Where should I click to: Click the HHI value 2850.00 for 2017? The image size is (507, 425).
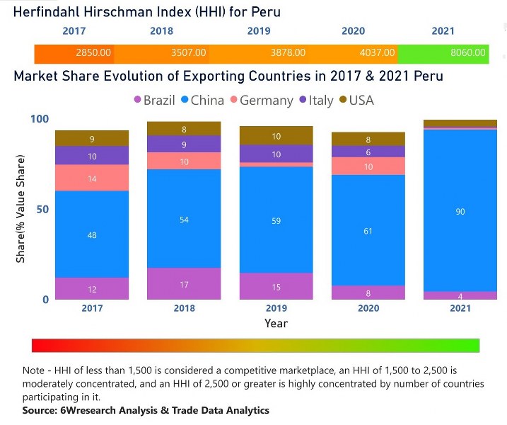[93, 53]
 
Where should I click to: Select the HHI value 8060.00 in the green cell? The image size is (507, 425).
[468, 53]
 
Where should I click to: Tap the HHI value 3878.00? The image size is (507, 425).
[288, 53]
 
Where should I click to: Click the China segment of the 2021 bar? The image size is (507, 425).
[460, 210]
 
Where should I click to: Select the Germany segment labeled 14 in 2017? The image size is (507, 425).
[92, 178]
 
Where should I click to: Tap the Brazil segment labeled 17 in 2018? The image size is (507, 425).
[184, 284]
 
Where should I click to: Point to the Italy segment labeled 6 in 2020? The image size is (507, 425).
[368, 152]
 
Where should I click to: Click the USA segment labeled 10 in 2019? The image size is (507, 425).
[276, 136]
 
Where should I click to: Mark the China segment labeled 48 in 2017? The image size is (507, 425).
[92, 234]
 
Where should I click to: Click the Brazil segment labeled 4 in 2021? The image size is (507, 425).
[460, 295]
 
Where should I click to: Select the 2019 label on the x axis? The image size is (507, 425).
[276, 308]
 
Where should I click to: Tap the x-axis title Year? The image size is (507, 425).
[276, 323]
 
